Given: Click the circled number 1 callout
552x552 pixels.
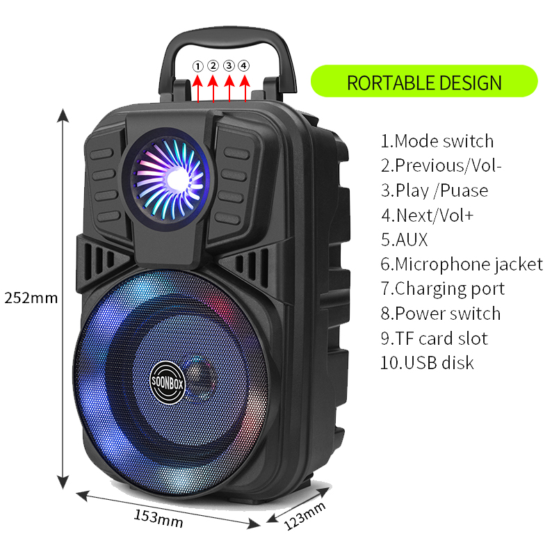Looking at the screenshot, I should tap(197, 66).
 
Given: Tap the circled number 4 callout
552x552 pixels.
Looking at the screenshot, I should tap(243, 66).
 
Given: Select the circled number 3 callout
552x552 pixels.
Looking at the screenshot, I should tap(228, 66).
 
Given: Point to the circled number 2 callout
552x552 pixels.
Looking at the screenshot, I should tap(213, 66).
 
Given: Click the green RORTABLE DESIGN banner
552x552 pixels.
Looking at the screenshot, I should tap(424, 81).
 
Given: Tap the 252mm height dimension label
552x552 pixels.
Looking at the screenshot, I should tap(31, 298).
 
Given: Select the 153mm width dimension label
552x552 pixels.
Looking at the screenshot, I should tap(158, 519).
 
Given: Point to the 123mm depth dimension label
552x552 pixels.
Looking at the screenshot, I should tap(305, 517).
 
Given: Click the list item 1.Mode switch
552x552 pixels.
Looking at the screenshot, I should tap(437, 141).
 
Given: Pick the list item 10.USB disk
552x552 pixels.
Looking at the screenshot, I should tap(427, 362).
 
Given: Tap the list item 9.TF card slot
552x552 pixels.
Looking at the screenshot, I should tap(434, 339).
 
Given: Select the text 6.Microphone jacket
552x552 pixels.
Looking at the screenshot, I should tap(462, 264).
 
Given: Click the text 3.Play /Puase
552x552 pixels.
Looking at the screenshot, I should tap(435, 190).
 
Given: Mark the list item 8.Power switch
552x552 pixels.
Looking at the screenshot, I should tap(440, 314).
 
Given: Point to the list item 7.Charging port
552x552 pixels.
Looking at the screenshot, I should tap(442, 289).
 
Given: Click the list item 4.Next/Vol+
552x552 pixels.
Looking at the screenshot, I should tap(427, 216).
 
